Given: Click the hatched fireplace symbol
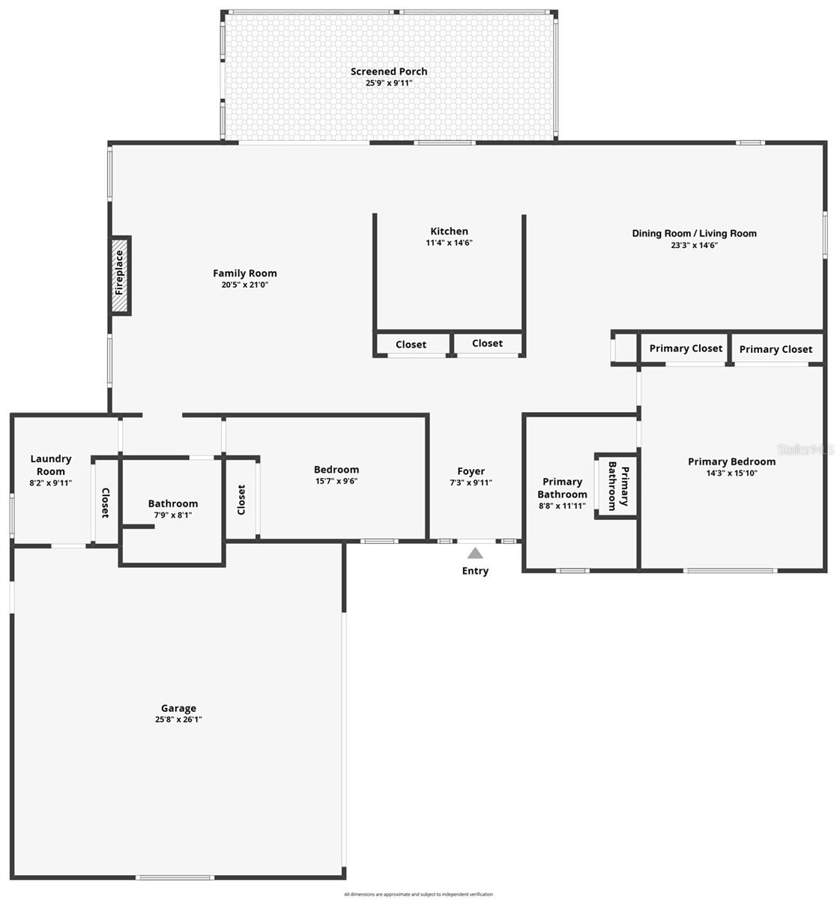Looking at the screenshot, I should (120, 276).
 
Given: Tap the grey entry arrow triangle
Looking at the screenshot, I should (475, 554).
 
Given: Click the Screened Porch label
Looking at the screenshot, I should (389, 72).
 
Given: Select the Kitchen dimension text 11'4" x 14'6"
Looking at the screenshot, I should (449, 243).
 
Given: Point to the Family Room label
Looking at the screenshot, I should (244, 273).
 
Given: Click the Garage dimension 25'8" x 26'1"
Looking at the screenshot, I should (178, 719).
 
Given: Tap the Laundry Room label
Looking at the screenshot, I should (51, 465).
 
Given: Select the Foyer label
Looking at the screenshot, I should (471, 471).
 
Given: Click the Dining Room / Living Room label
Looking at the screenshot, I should (694, 233).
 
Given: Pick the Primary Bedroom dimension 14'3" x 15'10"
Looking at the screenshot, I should (731, 473).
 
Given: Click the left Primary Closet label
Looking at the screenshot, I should (686, 348).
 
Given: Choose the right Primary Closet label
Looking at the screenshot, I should (776, 349).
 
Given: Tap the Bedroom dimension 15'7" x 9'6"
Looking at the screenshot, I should (336, 481).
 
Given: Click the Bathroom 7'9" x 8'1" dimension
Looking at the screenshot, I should (173, 515).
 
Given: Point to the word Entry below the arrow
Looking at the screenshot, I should (475, 571).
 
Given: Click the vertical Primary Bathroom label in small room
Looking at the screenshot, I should (617, 485).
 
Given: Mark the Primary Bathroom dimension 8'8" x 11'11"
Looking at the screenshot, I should (561, 506).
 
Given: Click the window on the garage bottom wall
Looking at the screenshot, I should (175, 877).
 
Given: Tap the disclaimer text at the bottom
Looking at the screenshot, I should (418, 895).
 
